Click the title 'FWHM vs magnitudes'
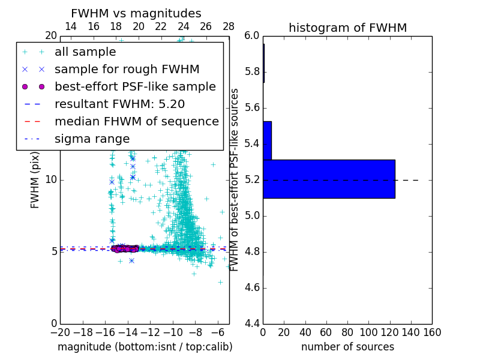(136, 13)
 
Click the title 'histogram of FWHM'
(347, 28)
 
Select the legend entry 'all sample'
(85, 52)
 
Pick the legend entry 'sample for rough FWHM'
(127, 70)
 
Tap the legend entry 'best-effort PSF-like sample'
(135, 87)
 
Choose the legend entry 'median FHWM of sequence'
(136, 122)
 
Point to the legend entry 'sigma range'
(92, 139)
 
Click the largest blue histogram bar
(329, 179)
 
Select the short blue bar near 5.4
(267, 140)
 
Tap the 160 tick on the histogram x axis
(432, 332)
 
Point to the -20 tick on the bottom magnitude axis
(60, 332)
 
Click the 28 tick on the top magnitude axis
(229, 26)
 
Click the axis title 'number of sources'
(347, 347)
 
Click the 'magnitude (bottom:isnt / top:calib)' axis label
(145, 347)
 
